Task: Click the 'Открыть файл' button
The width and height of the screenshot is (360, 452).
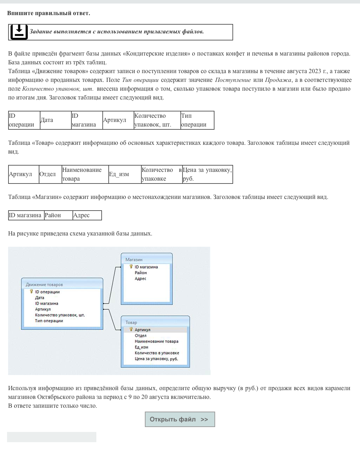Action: (x=180, y=419)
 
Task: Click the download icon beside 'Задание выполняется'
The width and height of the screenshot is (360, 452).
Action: (x=19, y=32)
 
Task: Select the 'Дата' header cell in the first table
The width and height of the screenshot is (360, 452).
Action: (x=56, y=120)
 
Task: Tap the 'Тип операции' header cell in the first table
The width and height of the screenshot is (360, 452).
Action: (x=197, y=120)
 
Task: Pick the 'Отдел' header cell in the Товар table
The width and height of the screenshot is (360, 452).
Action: (x=50, y=174)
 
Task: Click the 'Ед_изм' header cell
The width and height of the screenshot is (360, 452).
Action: (x=124, y=174)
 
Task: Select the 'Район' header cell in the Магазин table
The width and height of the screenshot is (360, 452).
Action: (x=58, y=215)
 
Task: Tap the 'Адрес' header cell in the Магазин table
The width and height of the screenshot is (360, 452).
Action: (x=87, y=215)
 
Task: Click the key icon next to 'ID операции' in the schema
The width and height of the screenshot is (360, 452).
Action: (x=31, y=291)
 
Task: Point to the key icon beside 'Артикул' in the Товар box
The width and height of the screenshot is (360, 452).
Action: (x=131, y=329)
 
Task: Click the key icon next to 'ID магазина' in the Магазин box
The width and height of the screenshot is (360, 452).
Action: (x=131, y=267)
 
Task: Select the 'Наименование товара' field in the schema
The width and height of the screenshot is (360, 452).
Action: (x=156, y=341)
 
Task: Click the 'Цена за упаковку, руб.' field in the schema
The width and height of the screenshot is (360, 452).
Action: (x=156, y=359)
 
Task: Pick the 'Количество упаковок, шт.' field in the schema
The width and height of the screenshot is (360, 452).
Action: (x=60, y=315)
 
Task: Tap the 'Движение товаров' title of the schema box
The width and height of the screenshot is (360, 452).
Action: (x=44, y=285)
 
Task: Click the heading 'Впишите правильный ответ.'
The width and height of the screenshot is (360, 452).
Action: (x=49, y=13)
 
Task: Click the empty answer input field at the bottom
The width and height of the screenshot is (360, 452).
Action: (x=51, y=437)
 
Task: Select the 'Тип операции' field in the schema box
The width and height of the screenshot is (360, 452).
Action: (x=49, y=321)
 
